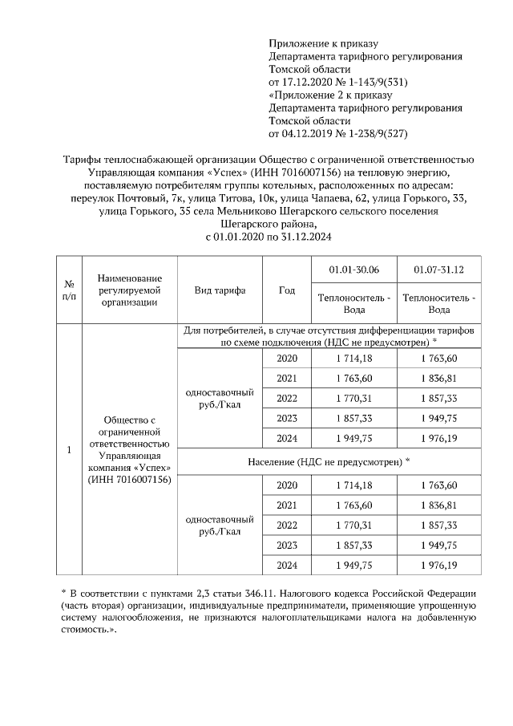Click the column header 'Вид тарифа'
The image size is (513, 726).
[x=219, y=290]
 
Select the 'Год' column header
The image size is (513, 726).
[x=286, y=290]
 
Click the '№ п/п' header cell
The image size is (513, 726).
[x=69, y=290]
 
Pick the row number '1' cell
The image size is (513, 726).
[x=69, y=449]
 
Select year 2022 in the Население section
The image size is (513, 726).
[x=286, y=525]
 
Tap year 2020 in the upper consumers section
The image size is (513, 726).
[x=286, y=358]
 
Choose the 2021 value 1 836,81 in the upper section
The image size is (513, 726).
[x=438, y=378]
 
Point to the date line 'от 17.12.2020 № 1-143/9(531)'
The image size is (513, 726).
[x=345, y=82]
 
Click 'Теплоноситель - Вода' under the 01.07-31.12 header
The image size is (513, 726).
[x=438, y=303]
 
